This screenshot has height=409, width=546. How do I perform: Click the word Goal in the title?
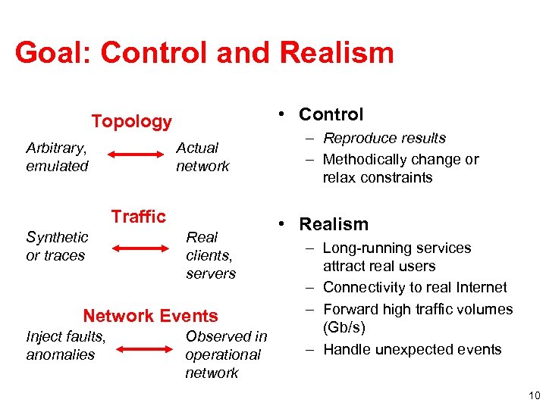tap(47, 53)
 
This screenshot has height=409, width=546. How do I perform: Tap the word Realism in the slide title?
tap(337, 53)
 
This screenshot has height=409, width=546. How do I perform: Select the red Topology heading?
tap(132, 121)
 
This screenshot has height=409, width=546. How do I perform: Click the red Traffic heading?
tap(138, 217)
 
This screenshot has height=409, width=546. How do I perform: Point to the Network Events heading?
tap(150, 316)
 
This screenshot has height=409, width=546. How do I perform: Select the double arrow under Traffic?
tap(142, 247)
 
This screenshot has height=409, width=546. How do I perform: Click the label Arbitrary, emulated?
tap(57, 157)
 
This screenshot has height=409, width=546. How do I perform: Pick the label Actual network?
tap(202, 157)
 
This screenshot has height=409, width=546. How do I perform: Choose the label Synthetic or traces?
tap(57, 246)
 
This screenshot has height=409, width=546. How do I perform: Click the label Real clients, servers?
tap(211, 255)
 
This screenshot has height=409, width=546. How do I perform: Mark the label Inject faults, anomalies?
tap(65, 345)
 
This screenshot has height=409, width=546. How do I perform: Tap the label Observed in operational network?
tap(225, 354)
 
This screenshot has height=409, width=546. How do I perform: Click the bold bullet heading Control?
tap(331, 114)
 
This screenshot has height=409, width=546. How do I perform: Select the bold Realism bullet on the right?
tap(334, 224)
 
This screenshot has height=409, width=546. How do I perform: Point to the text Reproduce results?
tap(384, 139)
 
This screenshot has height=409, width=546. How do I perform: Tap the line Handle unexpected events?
tap(412, 349)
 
